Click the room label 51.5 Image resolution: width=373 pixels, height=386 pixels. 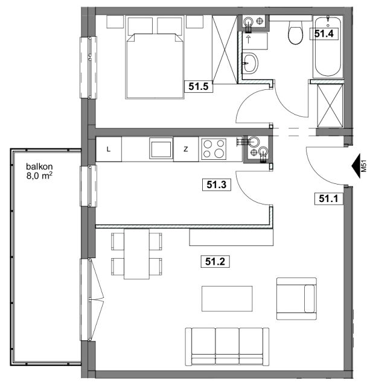click(199, 86)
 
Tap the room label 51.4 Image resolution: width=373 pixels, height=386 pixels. click(324, 34)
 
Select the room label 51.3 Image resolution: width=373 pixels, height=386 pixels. click(216, 185)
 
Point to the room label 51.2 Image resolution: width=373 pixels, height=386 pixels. click(215, 261)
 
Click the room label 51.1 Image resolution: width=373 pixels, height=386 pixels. click(329, 198)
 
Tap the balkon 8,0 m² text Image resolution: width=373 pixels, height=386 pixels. click(39, 171)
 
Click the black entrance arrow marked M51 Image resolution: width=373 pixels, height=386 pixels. click(356, 166)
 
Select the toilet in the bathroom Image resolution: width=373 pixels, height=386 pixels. click(296, 32)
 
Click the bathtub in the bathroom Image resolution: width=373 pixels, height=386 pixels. click(328, 47)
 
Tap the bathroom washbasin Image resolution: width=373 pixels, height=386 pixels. click(250, 63)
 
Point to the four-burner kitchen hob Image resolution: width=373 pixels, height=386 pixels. click(214, 149)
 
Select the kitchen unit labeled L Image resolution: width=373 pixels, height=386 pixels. click(109, 149)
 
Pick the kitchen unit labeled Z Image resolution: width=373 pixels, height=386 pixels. click(186, 149)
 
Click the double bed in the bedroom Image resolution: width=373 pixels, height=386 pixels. click(155, 57)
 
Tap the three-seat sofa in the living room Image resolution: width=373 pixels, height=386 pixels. click(227, 347)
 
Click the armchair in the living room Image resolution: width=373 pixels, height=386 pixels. click(296, 299)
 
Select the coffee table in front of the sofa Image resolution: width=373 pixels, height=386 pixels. click(227, 299)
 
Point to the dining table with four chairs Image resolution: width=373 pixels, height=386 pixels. click(136, 254)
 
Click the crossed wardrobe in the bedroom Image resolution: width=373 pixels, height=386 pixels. click(225, 49)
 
